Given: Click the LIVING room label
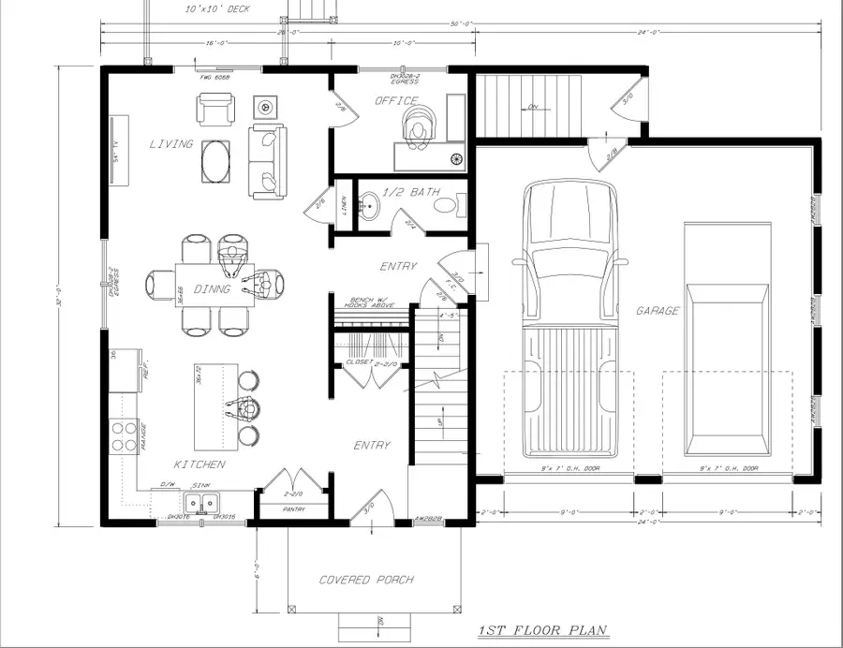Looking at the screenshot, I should tap(170, 144).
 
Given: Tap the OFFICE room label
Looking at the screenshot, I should tap(396, 100).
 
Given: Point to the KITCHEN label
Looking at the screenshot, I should tap(200, 464).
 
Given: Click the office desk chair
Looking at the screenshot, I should tap(418, 125).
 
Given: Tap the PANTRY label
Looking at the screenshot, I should tap(294, 510).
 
